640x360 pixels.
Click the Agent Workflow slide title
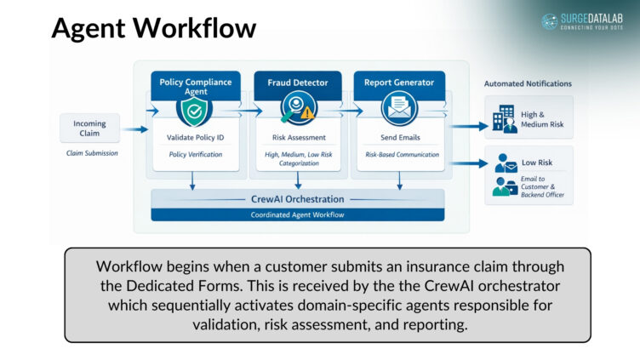(154, 27)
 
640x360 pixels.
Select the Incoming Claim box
(89, 129)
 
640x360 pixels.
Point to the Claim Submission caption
(92, 153)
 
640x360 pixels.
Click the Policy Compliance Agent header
(195, 86)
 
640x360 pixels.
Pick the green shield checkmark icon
(194, 110)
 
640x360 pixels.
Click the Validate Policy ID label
(195, 137)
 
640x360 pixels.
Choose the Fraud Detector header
(297, 83)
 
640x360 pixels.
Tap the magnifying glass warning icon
(297, 110)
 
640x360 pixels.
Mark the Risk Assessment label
(297, 137)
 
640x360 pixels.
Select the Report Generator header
(399, 83)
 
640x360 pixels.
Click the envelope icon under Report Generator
(398, 110)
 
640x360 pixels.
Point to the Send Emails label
(400, 137)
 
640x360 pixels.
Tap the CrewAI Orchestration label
(297, 199)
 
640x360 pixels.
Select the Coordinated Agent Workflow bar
(297, 214)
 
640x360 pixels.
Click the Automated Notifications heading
(528, 84)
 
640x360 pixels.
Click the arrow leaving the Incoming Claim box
(134, 130)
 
